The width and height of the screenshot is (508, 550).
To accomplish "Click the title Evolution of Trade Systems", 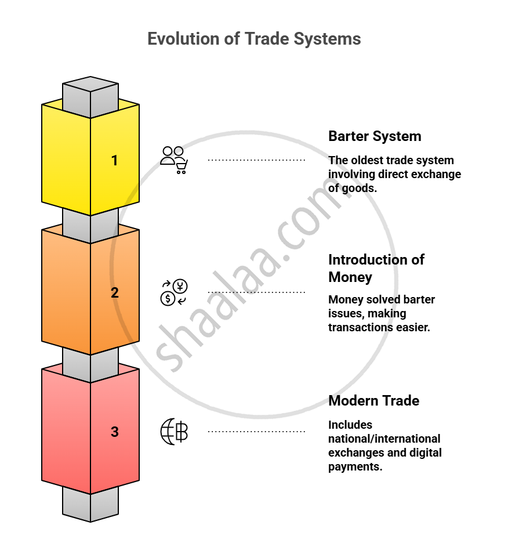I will [x=254, y=39].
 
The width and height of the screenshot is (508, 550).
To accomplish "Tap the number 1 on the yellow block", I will [x=115, y=160].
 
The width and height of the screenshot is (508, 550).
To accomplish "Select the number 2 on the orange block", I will [x=115, y=292].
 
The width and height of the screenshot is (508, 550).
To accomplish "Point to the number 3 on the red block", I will [x=115, y=432].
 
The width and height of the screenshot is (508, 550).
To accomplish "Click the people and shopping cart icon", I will [x=174, y=160].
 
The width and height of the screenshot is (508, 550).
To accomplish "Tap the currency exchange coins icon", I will [x=174, y=292].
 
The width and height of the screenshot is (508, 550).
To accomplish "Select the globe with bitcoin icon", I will [x=174, y=432].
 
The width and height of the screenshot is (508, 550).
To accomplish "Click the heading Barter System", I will [x=375, y=136].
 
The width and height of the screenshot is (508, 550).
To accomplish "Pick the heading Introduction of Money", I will [x=376, y=268].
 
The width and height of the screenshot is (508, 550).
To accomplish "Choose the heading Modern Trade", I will [x=373, y=400].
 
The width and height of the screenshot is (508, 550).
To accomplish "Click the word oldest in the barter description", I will [x=368, y=160].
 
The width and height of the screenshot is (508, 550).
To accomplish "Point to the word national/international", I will [x=384, y=439].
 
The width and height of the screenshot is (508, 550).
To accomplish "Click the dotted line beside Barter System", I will [x=256, y=160].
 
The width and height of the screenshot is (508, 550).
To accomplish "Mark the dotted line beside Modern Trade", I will [x=256, y=432].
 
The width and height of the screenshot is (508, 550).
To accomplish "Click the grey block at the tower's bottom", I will [x=90, y=504].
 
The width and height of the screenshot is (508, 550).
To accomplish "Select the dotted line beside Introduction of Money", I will [x=256, y=292].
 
